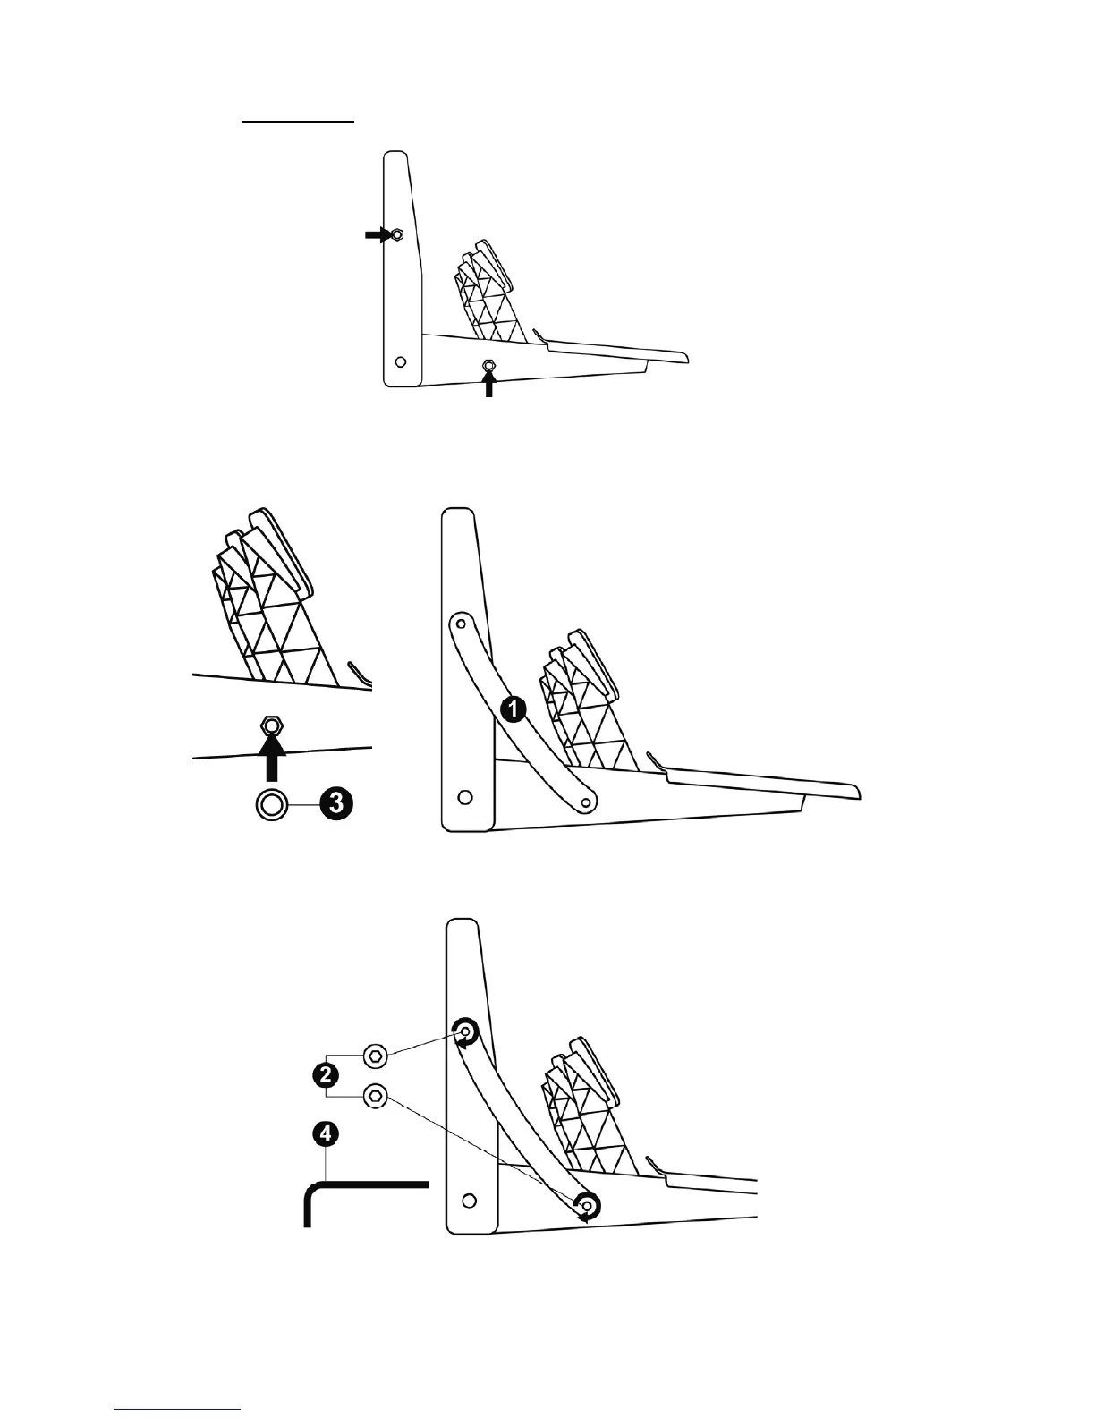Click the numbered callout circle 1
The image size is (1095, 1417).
(x=513, y=709)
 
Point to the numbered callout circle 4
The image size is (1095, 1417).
(x=326, y=1134)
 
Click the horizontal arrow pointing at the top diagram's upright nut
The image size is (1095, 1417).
(x=376, y=234)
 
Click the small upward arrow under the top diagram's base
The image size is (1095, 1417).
(x=488, y=384)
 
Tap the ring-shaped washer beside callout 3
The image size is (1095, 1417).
(x=272, y=804)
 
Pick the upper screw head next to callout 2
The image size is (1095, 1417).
(x=376, y=1056)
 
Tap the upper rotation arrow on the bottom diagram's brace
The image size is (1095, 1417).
(x=465, y=1032)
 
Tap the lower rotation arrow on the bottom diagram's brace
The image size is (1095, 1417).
(x=586, y=1207)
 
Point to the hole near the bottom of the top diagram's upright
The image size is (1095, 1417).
(x=401, y=362)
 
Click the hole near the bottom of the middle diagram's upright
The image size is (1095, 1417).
(x=464, y=795)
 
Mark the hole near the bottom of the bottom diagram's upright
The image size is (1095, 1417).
(x=469, y=1199)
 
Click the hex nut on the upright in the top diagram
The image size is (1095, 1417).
(x=396, y=235)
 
